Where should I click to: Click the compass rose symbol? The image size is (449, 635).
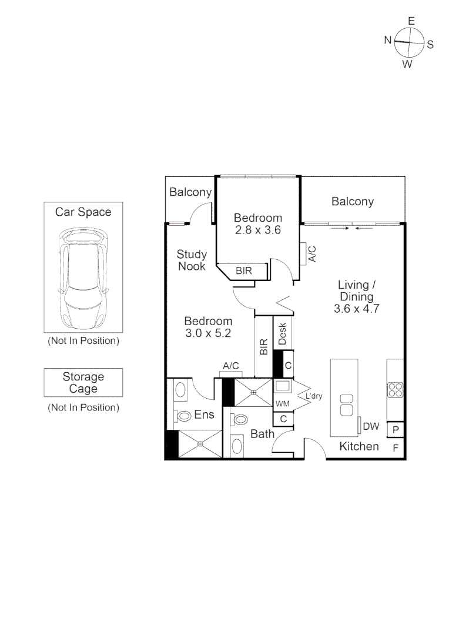coord(409,43)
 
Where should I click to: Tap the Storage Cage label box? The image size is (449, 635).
coord(83,383)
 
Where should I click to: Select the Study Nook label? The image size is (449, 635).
coord(192,260)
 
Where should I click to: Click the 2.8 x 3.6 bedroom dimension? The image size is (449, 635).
coord(257,230)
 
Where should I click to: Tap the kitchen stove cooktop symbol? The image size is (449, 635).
coord(395,390)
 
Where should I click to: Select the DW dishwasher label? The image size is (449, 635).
coord(371,426)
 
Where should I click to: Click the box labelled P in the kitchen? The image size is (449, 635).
coord(396,430)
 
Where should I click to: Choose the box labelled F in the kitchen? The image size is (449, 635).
coord(396,448)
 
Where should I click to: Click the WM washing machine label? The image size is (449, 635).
coord(283,403)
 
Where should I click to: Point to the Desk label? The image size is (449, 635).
coord(282,334)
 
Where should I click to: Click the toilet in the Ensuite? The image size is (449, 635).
coord(183,416)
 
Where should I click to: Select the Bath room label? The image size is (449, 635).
coord(262,434)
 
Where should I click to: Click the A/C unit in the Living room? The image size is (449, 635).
coord(303,253)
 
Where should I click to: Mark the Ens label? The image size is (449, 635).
coord(204,415)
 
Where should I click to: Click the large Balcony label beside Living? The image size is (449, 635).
coord(352,202)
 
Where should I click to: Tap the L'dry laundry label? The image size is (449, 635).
coord(313,397)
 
